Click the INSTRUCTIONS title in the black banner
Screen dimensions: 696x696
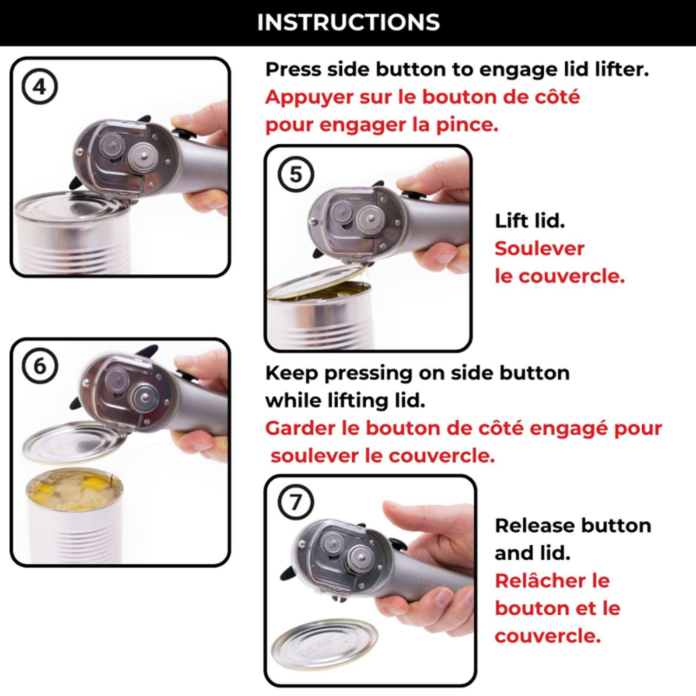348,22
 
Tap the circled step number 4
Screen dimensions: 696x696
40,87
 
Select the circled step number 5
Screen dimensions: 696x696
296,175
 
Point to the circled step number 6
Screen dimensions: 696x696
40,367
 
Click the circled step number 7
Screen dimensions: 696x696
296,502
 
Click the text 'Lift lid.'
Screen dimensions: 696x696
529,221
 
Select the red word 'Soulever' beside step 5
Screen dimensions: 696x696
539,249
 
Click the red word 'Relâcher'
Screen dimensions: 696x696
552,581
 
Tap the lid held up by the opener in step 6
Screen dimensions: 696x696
74,442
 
